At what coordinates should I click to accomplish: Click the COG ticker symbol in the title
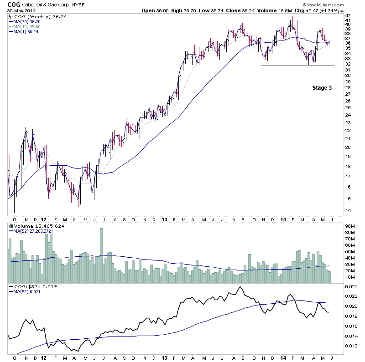[x=14, y=4]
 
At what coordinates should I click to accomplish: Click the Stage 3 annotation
[x=322, y=88]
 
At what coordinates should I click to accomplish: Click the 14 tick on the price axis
[x=348, y=211]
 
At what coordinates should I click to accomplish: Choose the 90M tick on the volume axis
[x=350, y=225]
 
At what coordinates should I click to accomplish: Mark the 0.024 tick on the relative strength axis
[x=351, y=287]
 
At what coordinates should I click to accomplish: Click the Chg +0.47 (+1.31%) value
[x=317, y=10]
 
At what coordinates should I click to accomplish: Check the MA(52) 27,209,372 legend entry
[x=32, y=231]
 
